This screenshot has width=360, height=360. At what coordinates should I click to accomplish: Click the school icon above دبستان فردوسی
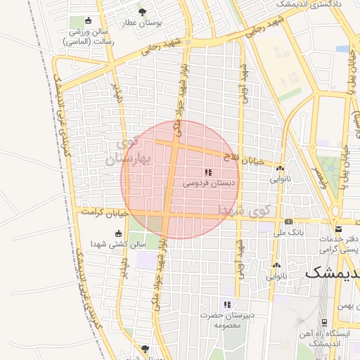click(208, 172)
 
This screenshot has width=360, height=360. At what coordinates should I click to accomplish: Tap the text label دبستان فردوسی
click(210, 183)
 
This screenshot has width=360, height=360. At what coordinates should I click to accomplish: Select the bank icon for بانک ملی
click(289, 221)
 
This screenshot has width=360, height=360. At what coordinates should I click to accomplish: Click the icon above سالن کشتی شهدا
click(117, 234)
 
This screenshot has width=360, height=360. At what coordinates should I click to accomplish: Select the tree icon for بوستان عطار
click(143, 13)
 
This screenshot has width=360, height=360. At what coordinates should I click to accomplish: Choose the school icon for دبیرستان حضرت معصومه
click(226, 304)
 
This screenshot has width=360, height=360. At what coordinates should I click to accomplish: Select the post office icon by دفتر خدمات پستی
click(339, 229)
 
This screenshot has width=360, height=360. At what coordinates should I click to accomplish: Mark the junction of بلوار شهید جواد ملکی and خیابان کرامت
click(167, 213)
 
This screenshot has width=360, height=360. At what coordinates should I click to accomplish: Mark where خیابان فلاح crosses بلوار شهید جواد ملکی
click(172, 144)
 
